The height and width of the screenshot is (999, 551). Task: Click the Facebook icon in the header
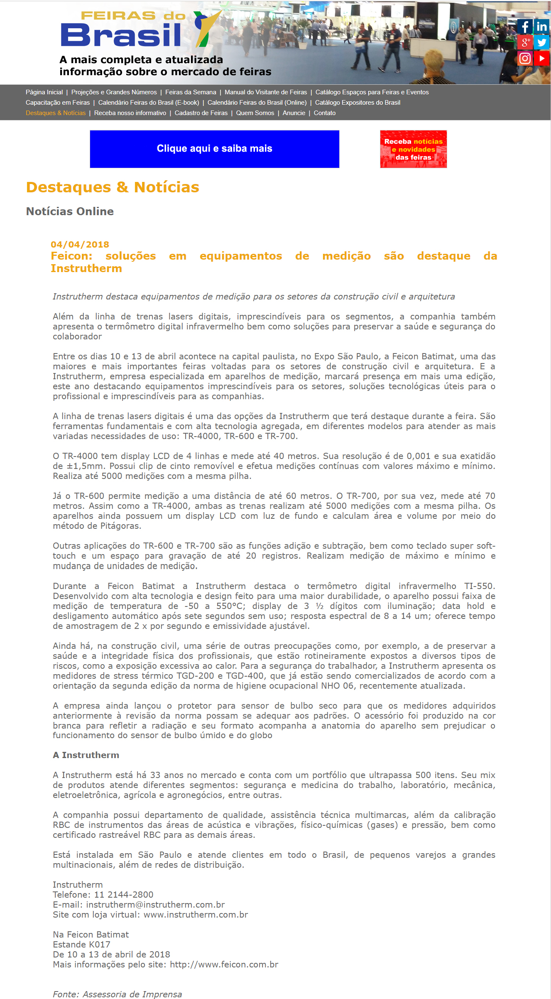(x=525, y=27)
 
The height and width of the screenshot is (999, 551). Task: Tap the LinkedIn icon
(x=541, y=27)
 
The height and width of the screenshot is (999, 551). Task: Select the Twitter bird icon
(x=541, y=42)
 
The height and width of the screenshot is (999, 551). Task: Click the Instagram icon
(x=525, y=58)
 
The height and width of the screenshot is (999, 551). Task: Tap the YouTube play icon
(x=541, y=58)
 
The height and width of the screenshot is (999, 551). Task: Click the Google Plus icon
(x=525, y=42)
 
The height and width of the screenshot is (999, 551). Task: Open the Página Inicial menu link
(x=44, y=92)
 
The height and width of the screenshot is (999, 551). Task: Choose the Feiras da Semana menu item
(x=191, y=92)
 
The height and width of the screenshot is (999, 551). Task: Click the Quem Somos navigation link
(x=255, y=113)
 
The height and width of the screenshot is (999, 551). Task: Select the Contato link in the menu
(x=324, y=113)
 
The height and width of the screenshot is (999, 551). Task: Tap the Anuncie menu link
(x=294, y=113)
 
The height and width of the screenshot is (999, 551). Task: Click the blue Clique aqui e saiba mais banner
(x=214, y=149)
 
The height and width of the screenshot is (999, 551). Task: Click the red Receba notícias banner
(x=413, y=149)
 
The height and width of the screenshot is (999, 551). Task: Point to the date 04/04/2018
(x=80, y=244)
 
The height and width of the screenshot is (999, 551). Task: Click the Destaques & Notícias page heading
(x=113, y=187)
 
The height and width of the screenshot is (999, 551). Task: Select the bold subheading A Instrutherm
(x=86, y=755)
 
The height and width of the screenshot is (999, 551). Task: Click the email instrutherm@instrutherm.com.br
(x=155, y=905)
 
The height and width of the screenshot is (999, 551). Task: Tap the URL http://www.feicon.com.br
(x=224, y=965)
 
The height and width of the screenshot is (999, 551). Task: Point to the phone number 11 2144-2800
(x=124, y=895)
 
